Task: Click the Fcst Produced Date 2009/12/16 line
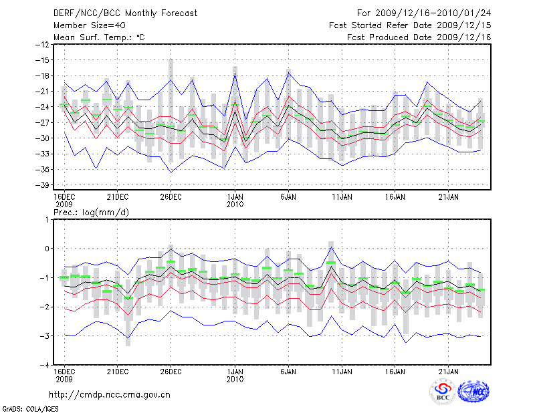tap(419, 37)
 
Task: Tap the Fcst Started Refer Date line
tap(410, 25)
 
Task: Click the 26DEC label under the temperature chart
tap(171, 196)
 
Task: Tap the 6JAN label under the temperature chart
tap(288, 196)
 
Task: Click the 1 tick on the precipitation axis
tap(47, 219)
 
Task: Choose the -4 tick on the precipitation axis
tap(44, 366)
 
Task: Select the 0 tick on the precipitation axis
tap(47, 249)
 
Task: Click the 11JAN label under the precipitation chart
tap(342, 371)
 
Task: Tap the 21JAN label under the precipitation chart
tap(449, 371)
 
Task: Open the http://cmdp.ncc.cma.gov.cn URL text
tap(110, 394)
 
